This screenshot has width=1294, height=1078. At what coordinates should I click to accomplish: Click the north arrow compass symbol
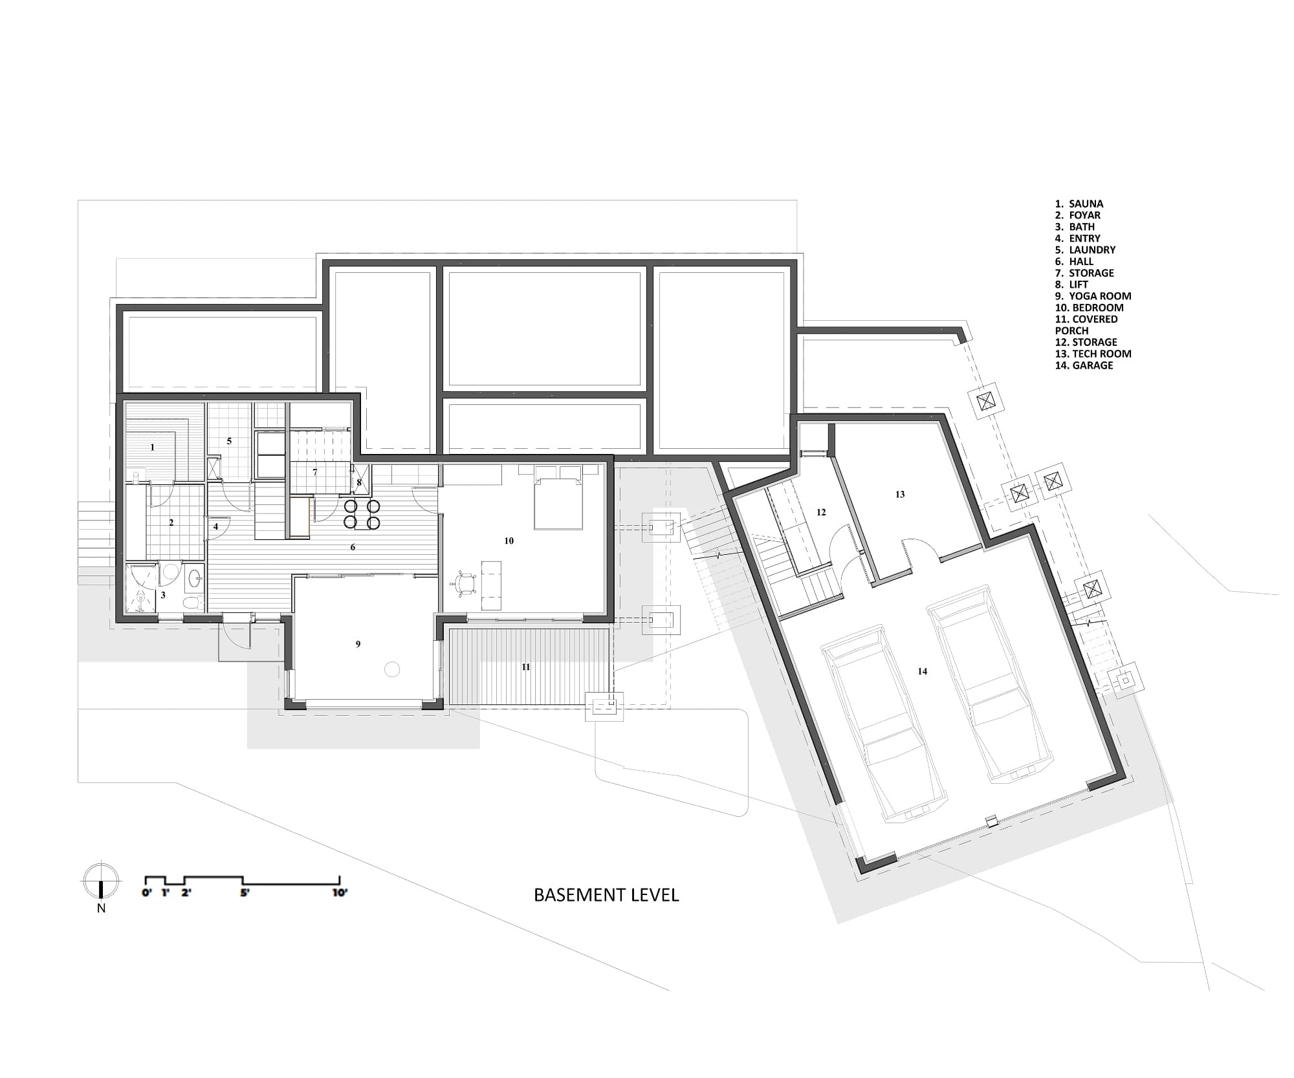click(x=101, y=881)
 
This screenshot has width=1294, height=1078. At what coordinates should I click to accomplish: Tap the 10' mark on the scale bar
click(x=340, y=892)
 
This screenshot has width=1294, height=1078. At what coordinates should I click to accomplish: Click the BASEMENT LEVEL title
click(x=606, y=895)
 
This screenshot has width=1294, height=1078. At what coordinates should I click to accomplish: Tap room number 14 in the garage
click(x=922, y=671)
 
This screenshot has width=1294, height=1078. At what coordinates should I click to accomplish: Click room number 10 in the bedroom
click(x=509, y=541)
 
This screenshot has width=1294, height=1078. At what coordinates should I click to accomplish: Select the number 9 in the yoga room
click(x=358, y=644)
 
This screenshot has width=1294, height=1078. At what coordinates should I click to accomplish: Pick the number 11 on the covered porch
click(x=525, y=667)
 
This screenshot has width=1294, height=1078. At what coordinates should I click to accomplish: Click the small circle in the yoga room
click(x=392, y=669)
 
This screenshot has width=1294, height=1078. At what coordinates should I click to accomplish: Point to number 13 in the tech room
click(x=899, y=494)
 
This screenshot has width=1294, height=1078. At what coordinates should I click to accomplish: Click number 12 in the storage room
click(x=821, y=512)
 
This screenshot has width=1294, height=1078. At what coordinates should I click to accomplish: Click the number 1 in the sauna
click(x=153, y=447)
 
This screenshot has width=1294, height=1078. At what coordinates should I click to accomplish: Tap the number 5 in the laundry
click(x=229, y=441)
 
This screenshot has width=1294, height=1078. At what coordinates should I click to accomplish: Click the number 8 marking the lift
click(x=359, y=482)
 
